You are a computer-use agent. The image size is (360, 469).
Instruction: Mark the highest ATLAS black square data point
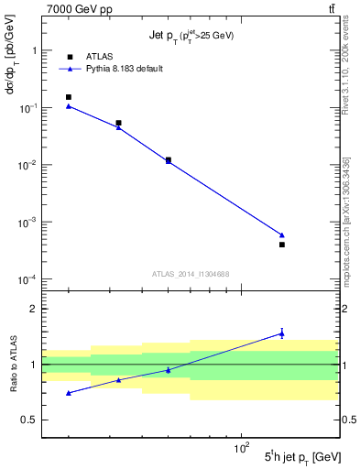69,97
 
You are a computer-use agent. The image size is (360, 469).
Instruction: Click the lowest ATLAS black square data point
282,245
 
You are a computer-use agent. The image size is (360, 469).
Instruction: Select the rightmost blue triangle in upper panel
282,235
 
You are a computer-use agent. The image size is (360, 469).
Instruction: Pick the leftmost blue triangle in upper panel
69,106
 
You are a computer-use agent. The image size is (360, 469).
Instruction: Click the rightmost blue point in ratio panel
282,333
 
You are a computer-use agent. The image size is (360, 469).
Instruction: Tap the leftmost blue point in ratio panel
69,393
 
